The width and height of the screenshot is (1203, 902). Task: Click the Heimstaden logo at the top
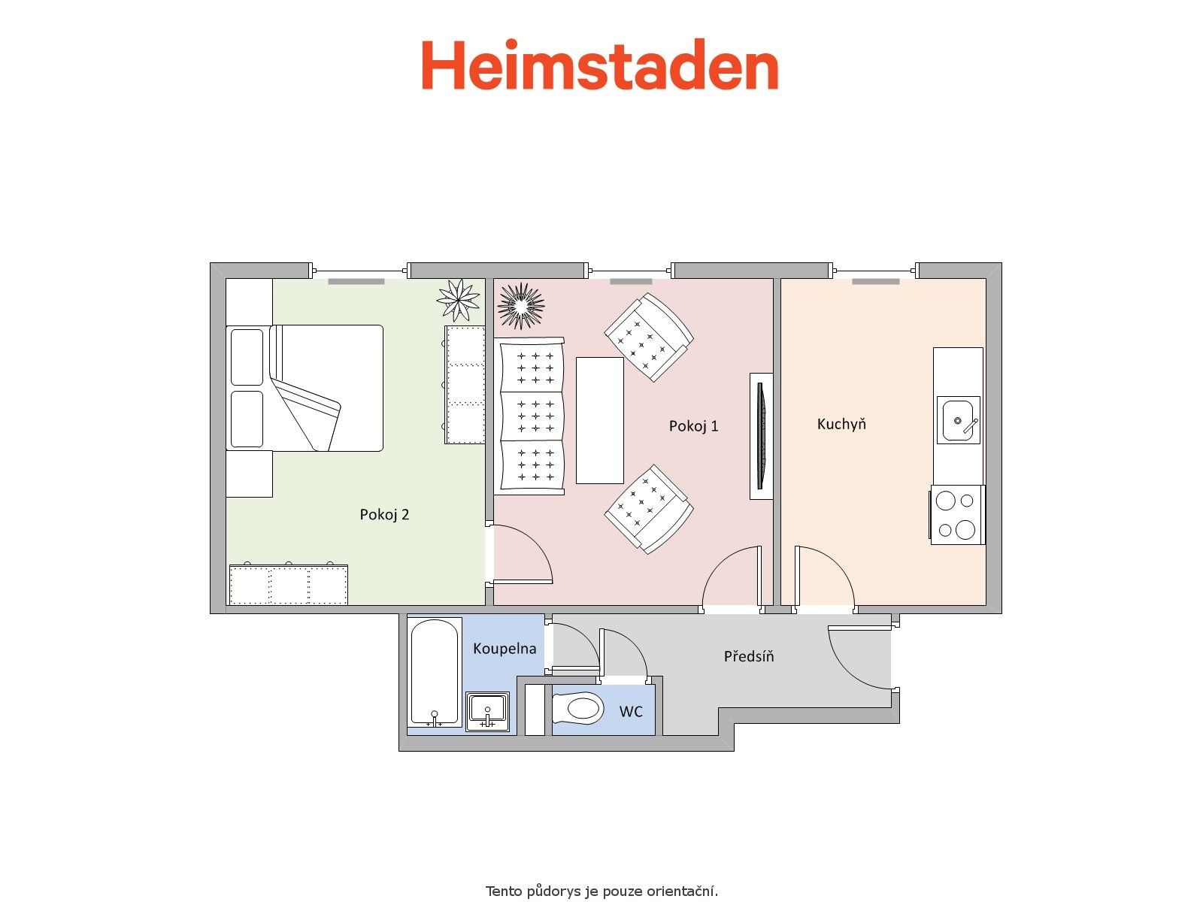point(599,65)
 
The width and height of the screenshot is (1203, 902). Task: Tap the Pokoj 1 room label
point(693,426)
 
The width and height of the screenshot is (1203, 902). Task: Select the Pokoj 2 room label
point(384,514)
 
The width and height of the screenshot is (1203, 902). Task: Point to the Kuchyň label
point(841,423)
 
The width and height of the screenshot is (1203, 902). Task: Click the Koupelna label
point(505,649)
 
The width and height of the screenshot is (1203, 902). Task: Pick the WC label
point(630,711)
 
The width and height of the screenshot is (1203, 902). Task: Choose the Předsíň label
point(749,655)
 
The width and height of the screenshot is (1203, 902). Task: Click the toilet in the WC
point(577,709)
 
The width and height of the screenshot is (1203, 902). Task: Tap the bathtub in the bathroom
point(435,672)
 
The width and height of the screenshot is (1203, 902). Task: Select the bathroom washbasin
point(487,711)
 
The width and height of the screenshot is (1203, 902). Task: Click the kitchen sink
point(958,420)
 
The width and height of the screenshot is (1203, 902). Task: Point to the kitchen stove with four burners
point(957,515)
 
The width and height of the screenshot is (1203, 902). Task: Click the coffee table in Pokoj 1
point(599,421)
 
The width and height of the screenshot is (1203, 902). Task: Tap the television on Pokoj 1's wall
point(761,436)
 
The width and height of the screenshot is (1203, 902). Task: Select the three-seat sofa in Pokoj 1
point(529,416)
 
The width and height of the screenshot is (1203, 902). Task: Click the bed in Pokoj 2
point(305,389)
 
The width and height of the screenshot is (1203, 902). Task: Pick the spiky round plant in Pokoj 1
point(520,306)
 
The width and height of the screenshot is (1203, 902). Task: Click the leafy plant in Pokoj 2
point(458,300)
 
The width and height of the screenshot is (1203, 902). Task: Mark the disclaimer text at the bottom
point(601,891)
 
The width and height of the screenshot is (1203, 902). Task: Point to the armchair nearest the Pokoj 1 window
point(649,337)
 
